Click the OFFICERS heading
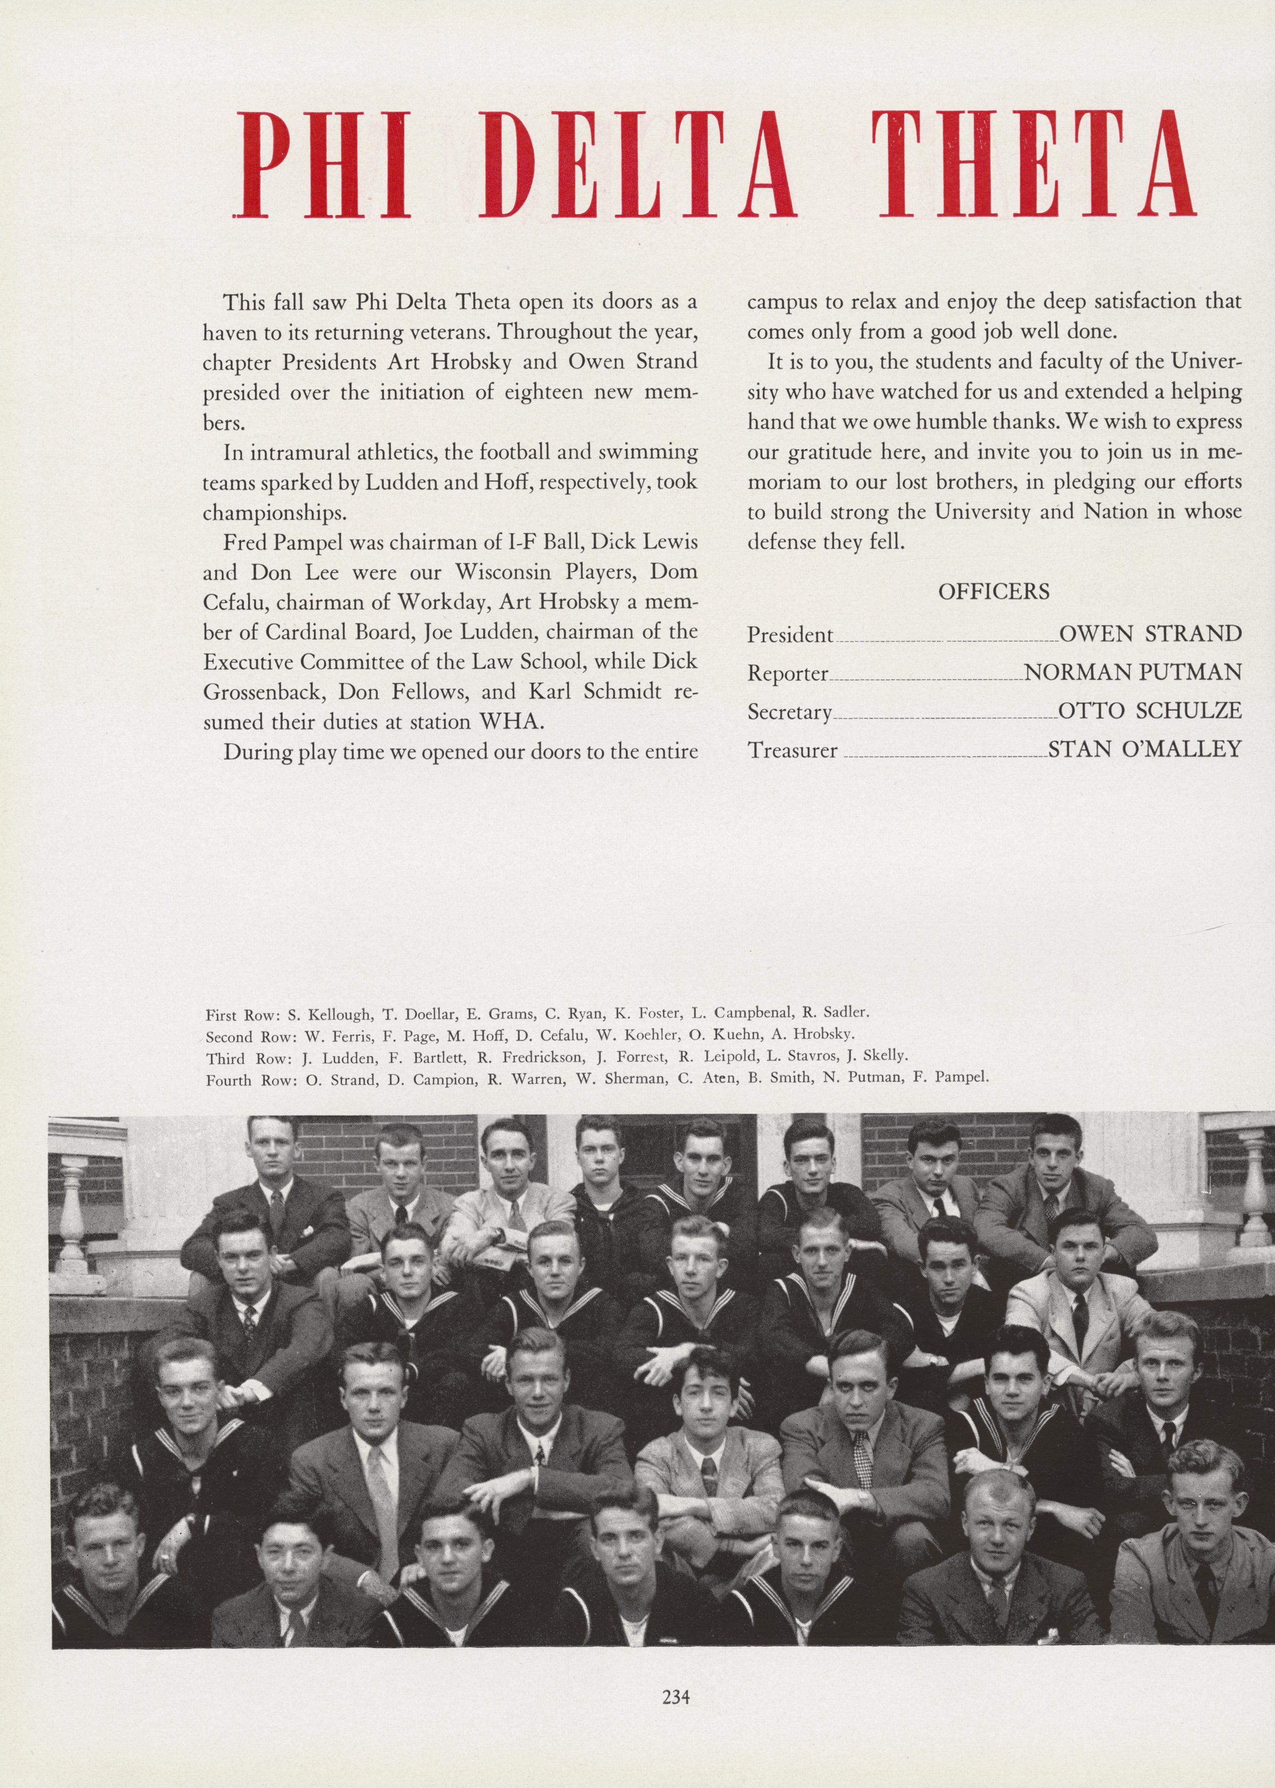(x=993, y=592)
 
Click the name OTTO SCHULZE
(x=1150, y=711)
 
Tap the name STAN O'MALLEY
(x=1145, y=749)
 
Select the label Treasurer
(x=792, y=750)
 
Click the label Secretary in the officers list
(x=789, y=712)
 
